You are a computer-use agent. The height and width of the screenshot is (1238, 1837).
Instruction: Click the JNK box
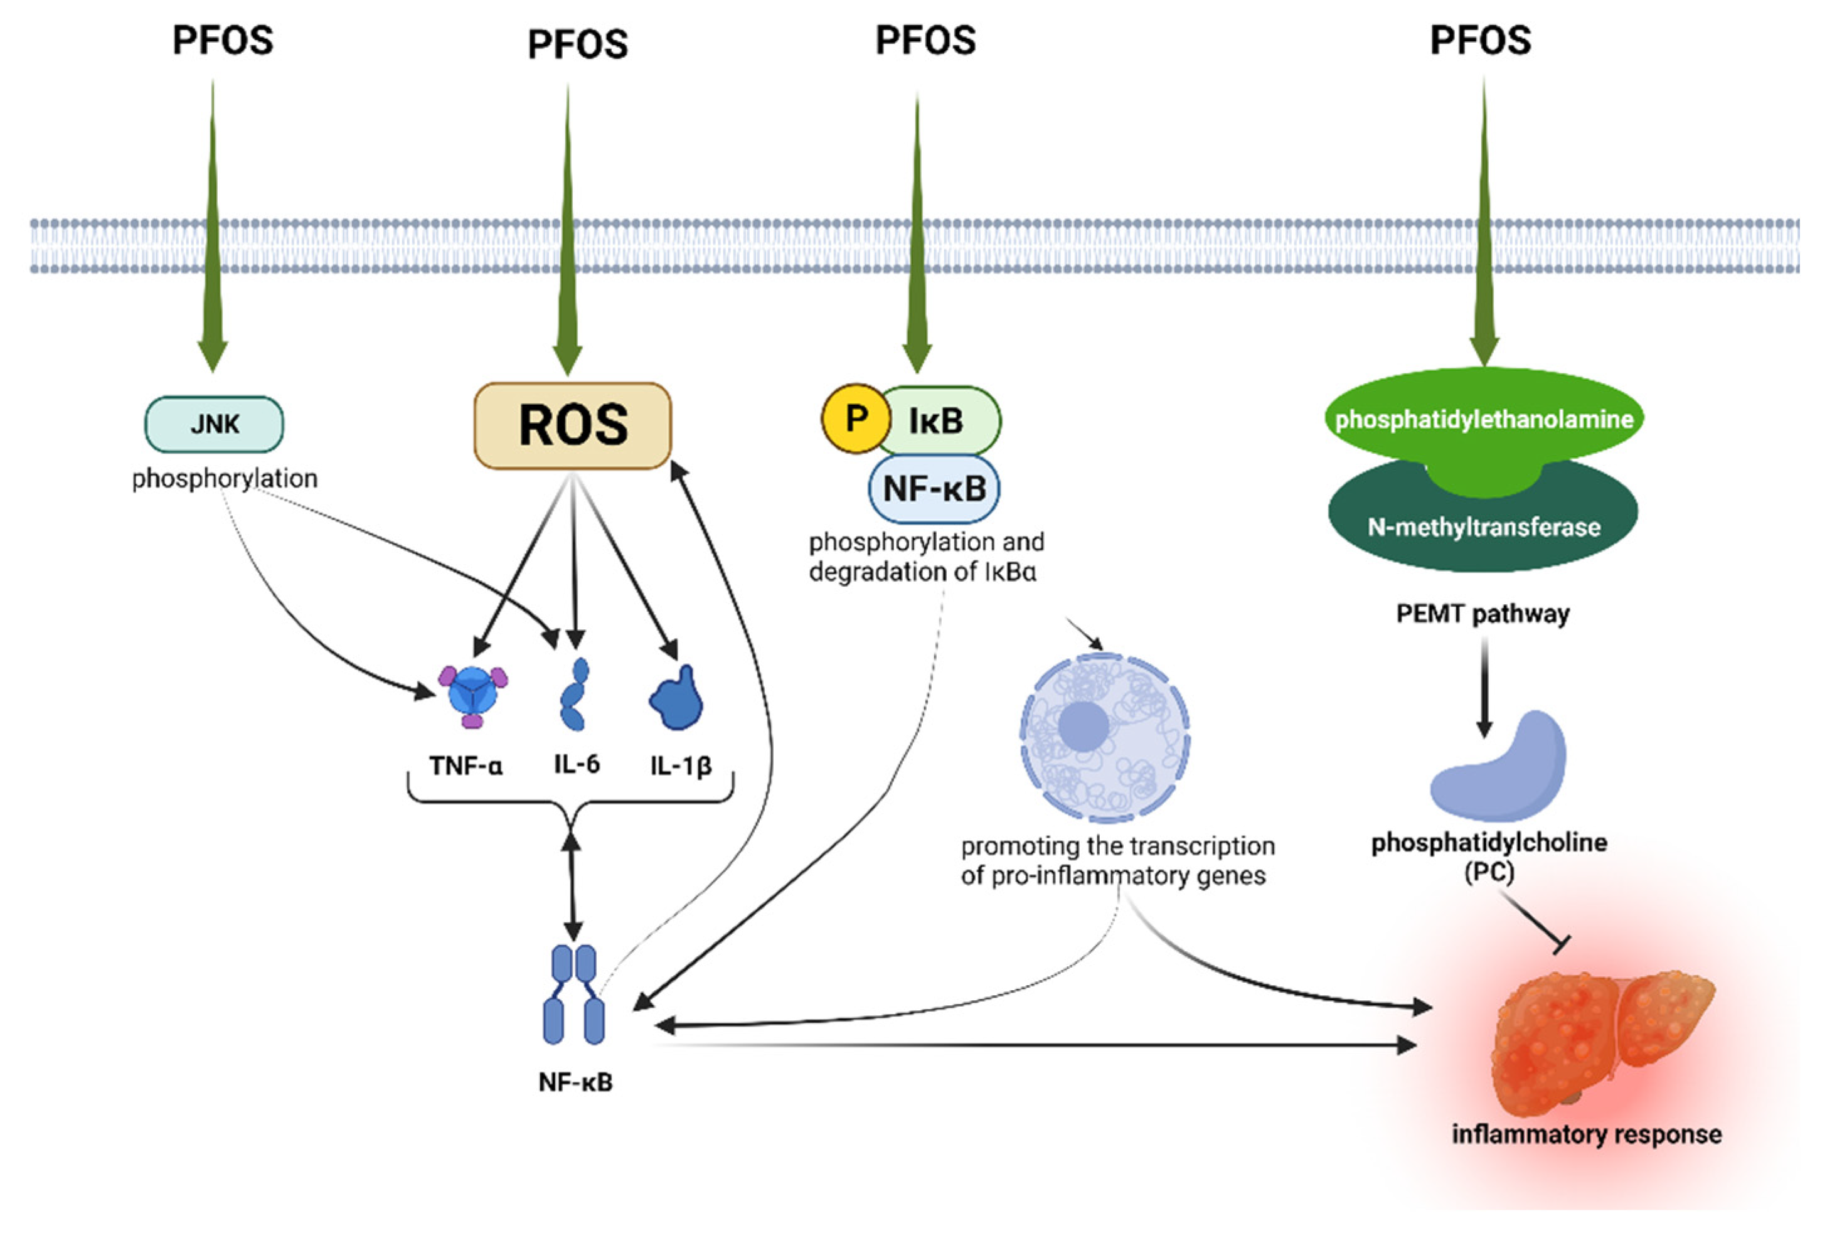click(214, 424)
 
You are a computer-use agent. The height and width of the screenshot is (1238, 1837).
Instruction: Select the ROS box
click(572, 425)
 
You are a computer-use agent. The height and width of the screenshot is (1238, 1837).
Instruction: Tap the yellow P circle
click(855, 419)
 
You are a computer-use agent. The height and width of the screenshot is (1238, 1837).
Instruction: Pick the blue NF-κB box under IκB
click(934, 489)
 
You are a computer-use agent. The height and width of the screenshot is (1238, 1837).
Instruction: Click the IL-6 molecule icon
click(574, 694)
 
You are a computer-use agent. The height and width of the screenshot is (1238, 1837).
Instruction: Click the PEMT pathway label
click(1483, 614)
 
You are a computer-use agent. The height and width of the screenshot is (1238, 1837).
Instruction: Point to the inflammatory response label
click(1587, 1134)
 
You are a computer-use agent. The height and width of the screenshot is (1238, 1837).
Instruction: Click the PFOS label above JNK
click(223, 40)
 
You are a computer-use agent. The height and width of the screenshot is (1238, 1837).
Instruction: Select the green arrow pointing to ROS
click(567, 229)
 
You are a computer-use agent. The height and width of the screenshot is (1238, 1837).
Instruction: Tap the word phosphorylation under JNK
click(225, 479)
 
